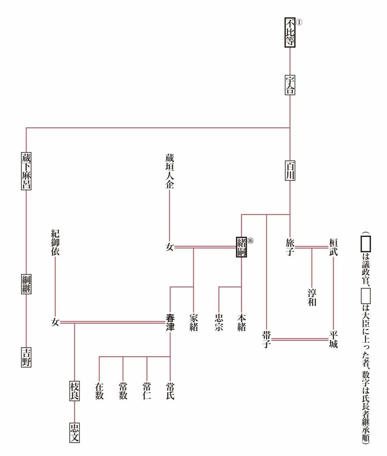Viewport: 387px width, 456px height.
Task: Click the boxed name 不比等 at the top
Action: click(x=290, y=33)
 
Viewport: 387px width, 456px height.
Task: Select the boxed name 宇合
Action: click(x=290, y=85)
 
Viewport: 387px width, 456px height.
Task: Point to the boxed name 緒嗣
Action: click(x=242, y=246)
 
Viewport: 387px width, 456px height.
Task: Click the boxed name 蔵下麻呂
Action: click(x=27, y=170)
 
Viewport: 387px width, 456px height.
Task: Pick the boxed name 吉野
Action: click(x=27, y=357)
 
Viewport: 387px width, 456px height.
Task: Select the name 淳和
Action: click(x=312, y=297)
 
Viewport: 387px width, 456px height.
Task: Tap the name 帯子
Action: click(x=267, y=339)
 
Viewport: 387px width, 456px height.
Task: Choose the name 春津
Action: click(x=171, y=322)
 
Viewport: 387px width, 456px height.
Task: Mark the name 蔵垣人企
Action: click(x=170, y=171)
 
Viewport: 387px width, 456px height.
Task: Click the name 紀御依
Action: click(x=55, y=242)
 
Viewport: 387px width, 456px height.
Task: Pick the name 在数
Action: click(x=99, y=390)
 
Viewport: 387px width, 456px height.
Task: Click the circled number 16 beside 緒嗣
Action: click(x=251, y=241)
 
